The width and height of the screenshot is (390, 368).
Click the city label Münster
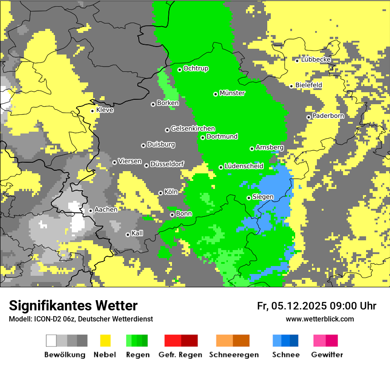click(x=232, y=93)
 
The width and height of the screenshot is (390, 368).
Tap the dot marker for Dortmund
click(x=203, y=137)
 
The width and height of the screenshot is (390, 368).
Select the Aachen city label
click(x=106, y=210)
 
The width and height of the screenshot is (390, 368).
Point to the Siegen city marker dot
click(x=249, y=198)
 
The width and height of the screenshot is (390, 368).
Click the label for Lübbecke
click(x=316, y=59)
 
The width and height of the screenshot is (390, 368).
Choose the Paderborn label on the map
click(x=328, y=116)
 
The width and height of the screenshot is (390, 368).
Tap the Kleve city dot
click(x=92, y=111)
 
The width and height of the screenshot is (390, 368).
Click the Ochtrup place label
click(x=196, y=69)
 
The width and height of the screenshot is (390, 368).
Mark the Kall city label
click(x=137, y=233)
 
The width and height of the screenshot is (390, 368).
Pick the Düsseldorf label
click(x=167, y=164)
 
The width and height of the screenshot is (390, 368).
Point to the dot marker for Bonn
click(x=172, y=215)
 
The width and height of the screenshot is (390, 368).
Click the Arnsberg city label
click(x=269, y=147)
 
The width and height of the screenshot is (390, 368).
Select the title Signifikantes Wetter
click(x=73, y=305)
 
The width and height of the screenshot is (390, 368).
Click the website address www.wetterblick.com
click(x=320, y=319)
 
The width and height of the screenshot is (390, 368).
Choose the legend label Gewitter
click(x=327, y=355)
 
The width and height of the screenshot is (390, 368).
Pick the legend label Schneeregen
click(x=234, y=355)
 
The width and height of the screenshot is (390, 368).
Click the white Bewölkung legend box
click(x=51, y=341)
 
